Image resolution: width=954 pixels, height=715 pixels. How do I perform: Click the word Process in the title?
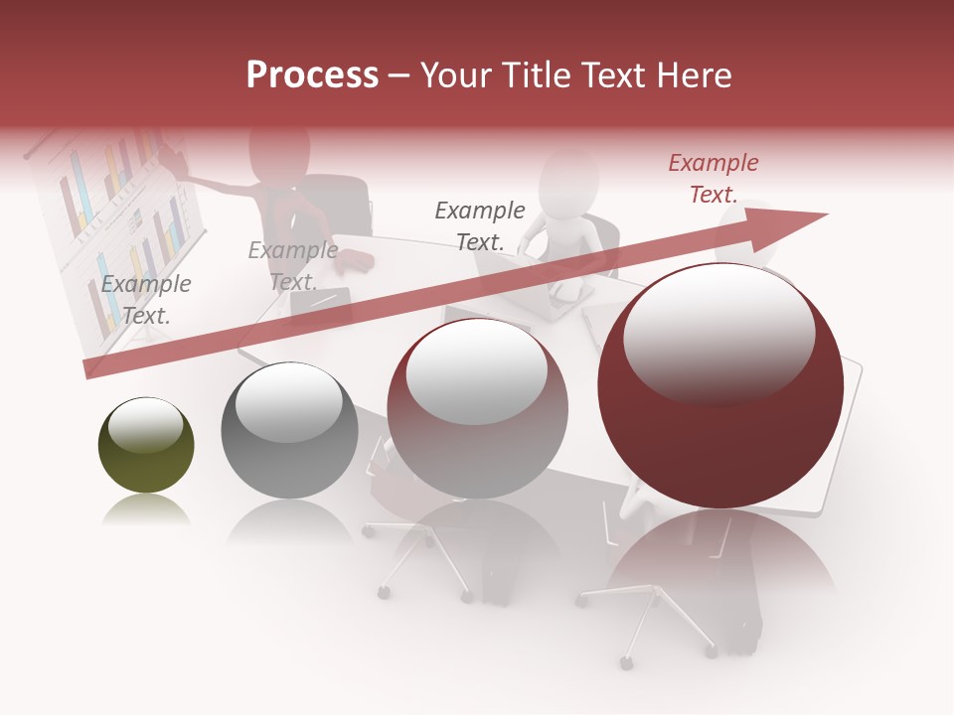[x=312, y=75]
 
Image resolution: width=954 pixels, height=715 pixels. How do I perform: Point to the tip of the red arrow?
[x=825, y=214]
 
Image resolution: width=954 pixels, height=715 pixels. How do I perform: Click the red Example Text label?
[x=713, y=179]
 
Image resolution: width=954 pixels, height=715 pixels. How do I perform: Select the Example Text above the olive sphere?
[x=145, y=300]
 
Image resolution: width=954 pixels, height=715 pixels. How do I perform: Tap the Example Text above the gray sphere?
[x=292, y=266]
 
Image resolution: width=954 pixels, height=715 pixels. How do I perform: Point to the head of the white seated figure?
[x=568, y=179]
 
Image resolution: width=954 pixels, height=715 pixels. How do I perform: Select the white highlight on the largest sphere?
[x=718, y=336]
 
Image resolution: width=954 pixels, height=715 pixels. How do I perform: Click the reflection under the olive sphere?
[x=146, y=510]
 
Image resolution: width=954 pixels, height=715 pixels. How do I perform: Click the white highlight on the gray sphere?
[x=288, y=399]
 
